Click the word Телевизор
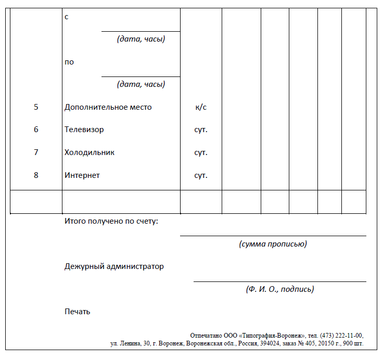pos(84,130)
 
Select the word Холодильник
pos(90,152)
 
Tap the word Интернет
pos(82,175)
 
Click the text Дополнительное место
pos(108,107)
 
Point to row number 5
pos(36,107)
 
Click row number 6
pos(36,130)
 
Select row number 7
pos(36,152)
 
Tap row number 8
pos(36,175)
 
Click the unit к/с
pos(201,107)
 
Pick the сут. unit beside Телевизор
pos(201,130)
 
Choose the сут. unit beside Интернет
pos(201,175)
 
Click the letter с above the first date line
pos(67,17)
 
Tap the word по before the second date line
pos(69,62)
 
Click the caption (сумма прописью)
pos(273,243)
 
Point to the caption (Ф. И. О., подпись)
pos(280,289)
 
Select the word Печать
pos(78,312)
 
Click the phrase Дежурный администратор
pos(114,266)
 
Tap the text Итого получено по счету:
pos(111,221)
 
